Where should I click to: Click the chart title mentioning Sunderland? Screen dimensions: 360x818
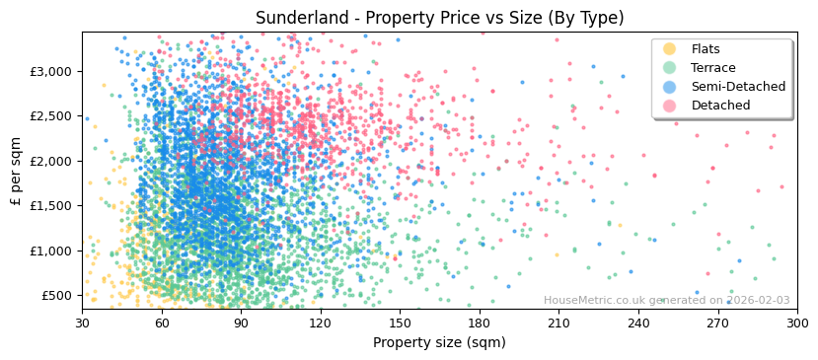coord(439,18)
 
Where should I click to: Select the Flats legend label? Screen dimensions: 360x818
coord(705,49)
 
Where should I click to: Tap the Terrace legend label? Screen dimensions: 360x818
coord(712,68)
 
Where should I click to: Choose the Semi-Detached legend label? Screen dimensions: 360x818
coord(738,87)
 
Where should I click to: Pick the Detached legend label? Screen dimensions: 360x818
coord(719,106)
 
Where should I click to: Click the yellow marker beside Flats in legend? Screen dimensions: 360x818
coord(669,49)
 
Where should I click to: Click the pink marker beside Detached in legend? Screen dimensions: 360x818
coord(669,106)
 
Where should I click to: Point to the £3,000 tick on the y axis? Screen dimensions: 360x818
coord(50,71)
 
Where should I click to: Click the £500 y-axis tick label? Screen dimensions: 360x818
coord(56,295)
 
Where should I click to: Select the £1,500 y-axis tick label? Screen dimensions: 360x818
coord(50,205)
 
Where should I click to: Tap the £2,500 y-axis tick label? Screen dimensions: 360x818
coord(50,116)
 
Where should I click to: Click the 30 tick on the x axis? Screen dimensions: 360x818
coord(82,324)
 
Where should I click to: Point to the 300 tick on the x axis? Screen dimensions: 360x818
coord(797,324)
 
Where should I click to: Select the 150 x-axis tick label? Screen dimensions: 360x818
coord(400,324)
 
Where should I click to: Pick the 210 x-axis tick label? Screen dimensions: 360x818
coord(558,324)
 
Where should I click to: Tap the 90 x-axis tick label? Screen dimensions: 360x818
coord(241,324)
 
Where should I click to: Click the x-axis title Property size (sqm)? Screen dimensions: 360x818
coord(439,342)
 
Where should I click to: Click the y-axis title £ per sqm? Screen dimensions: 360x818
coord(16,171)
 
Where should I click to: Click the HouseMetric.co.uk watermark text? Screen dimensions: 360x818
coord(666,301)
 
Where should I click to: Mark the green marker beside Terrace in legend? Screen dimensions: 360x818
coord(669,68)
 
